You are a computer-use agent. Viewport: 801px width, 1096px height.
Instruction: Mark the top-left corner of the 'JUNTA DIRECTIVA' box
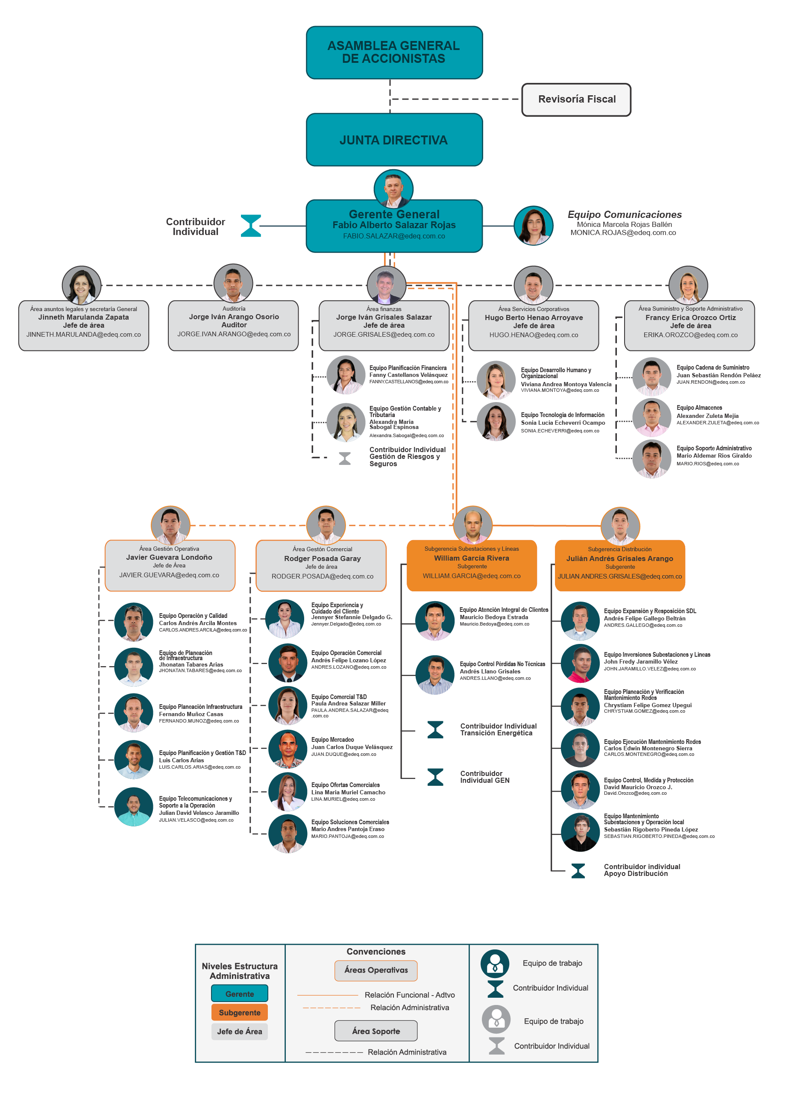(x=306, y=114)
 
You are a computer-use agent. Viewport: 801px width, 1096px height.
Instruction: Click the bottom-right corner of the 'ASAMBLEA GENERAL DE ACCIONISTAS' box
(x=483, y=79)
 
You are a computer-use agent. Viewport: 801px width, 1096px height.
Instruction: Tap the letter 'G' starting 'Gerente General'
(x=353, y=214)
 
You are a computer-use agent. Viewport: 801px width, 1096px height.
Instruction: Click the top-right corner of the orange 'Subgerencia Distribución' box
(x=685, y=540)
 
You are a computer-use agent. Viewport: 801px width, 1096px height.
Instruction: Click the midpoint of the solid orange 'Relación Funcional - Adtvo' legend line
(x=328, y=995)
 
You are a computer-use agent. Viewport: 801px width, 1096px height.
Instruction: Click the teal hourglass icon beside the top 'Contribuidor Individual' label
(x=251, y=226)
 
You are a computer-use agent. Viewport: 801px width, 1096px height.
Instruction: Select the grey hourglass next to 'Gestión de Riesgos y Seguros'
(x=345, y=458)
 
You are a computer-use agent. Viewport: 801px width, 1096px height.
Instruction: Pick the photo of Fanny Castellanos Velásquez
(x=346, y=375)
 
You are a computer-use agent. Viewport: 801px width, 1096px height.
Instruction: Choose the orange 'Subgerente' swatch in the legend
(x=240, y=1013)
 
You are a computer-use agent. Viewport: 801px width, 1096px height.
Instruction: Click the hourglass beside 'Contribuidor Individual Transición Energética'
(x=435, y=729)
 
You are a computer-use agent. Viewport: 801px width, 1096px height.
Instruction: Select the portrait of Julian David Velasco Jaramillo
(x=134, y=807)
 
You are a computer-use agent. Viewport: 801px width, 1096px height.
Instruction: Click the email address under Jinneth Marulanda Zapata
(x=83, y=335)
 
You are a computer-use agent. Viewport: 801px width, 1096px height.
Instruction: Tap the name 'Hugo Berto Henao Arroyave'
(x=534, y=317)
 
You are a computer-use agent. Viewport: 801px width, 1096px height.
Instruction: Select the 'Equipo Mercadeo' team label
(x=333, y=740)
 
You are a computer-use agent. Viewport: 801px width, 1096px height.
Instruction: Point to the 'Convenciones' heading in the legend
(x=376, y=952)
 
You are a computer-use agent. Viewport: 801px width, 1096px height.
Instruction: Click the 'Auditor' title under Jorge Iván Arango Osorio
(x=234, y=325)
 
